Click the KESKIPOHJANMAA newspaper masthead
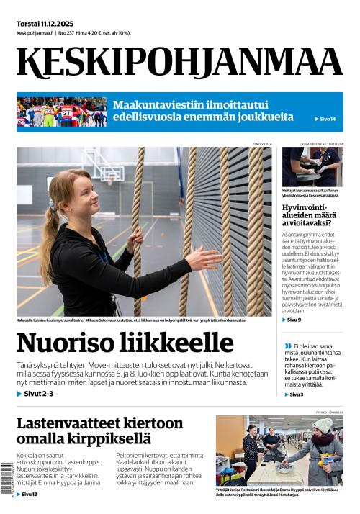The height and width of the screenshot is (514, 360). click(179, 63)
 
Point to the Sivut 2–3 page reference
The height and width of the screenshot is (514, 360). click(35, 394)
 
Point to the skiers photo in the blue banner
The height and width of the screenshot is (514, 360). click(61, 112)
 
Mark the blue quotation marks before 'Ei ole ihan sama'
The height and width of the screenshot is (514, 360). click(288, 346)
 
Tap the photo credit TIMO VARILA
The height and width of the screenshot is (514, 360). click(262, 144)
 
